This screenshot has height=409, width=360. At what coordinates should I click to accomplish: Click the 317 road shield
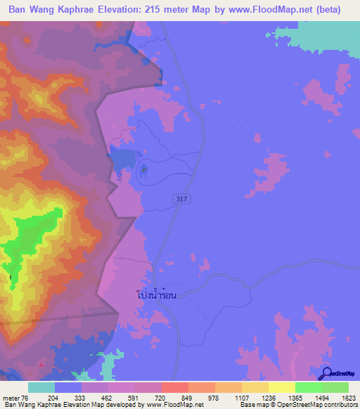tap(181, 200)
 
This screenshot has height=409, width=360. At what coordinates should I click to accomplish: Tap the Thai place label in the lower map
tap(156, 296)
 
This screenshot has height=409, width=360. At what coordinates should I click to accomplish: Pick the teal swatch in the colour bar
tap(41, 387)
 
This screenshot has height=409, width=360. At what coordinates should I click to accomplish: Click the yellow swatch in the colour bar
tap(281, 387)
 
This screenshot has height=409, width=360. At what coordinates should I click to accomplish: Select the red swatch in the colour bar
tap(174, 387)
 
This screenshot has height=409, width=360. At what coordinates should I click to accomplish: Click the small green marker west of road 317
tap(144, 169)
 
